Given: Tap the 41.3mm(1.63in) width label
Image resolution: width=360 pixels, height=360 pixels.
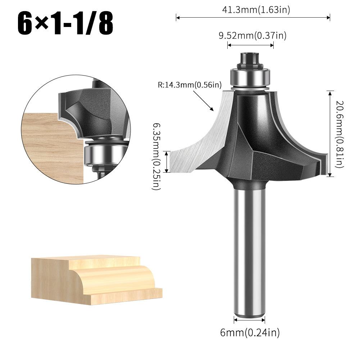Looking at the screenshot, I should [256, 10].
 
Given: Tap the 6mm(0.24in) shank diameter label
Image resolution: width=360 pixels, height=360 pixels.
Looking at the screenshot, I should [250, 333].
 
